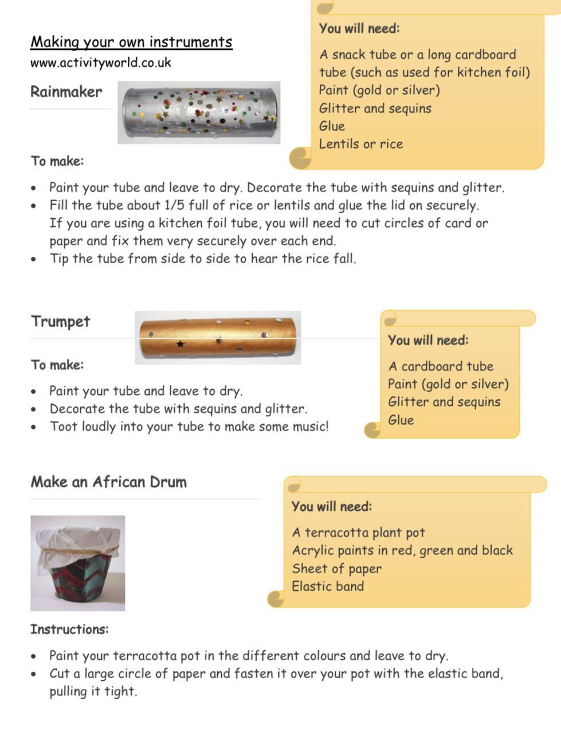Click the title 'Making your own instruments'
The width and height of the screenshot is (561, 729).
point(131,42)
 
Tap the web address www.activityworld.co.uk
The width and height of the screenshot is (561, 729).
point(101,62)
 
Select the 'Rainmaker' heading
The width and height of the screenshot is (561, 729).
point(66,92)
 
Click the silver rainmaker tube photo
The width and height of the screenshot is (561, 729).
point(199,112)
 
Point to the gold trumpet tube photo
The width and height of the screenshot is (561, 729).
point(218,338)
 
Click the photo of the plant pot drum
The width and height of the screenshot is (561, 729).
point(77,563)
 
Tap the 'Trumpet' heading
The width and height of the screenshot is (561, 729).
point(60,321)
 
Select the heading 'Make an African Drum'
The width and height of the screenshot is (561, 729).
point(109,481)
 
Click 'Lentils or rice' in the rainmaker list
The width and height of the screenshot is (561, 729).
point(361,144)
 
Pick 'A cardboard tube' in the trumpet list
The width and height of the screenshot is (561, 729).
point(441,366)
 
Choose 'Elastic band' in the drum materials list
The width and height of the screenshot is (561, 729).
point(328,586)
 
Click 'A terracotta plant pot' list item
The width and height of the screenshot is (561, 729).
point(359,532)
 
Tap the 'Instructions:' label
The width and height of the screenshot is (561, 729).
point(69,629)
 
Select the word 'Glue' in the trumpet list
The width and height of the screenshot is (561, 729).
point(401,420)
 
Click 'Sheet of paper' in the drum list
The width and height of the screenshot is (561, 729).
point(337,569)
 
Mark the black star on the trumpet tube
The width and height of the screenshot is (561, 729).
point(181,344)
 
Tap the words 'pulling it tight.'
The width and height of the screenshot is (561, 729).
point(93,691)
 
